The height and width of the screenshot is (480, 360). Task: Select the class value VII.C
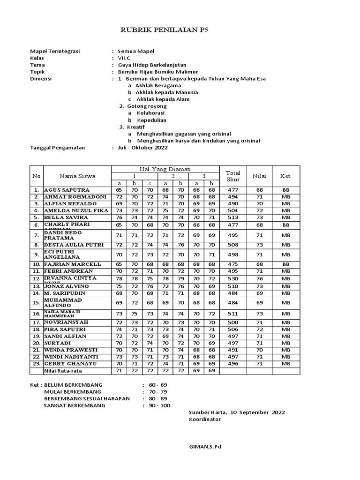tap(125, 58)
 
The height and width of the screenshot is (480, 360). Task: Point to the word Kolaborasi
tap(150, 113)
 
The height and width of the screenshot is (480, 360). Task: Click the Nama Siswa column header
tap(77, 176)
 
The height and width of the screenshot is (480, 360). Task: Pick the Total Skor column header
tap(233, 176)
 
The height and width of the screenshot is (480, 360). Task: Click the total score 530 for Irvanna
tap(233, 279)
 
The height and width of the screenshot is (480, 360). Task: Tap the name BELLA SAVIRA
tap(66, 217)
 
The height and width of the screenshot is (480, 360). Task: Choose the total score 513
tap(233, 217)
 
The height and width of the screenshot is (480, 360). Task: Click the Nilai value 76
tap(259, 279)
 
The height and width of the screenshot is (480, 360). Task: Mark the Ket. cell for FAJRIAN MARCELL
tap(286, 264)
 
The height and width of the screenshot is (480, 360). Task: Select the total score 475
tap(233, 264)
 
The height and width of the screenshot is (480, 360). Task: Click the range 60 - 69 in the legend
tap(159, 385)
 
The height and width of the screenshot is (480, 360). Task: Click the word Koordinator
tap(204, 419)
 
